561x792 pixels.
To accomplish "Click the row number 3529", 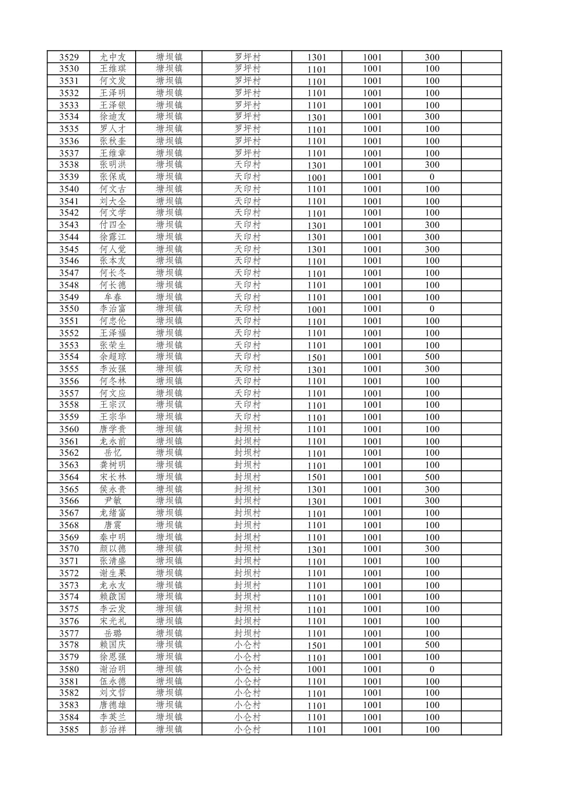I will pos(69,57).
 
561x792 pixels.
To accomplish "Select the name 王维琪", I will pos(113,69).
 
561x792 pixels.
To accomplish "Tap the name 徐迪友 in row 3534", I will pos(113,117).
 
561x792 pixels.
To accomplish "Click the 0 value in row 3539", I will pos(432,177).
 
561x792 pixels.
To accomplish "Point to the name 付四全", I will pos(113,225).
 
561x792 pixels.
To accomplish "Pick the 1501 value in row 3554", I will pos(316,357).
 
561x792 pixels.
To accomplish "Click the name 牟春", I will pos(113,297).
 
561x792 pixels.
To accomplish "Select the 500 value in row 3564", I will pos(432,477).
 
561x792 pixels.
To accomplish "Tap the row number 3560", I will pos(69,429).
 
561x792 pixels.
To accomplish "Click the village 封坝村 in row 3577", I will pos(247,633).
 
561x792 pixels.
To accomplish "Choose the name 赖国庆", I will pos(113,645).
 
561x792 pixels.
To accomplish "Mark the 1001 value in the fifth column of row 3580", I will pos(316,669).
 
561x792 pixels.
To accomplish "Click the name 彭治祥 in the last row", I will pos(113,729).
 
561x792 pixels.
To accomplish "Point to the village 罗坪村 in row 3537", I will pos(247,153).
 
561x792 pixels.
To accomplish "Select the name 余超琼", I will pos(113,357).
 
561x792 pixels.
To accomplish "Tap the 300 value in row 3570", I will pos(432,549).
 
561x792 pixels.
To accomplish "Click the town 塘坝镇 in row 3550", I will pos(169,309).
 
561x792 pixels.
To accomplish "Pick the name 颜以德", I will pos(113,549).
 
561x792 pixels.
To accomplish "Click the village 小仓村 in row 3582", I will pos(247,693).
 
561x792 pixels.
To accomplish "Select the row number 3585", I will pos(69,729).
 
